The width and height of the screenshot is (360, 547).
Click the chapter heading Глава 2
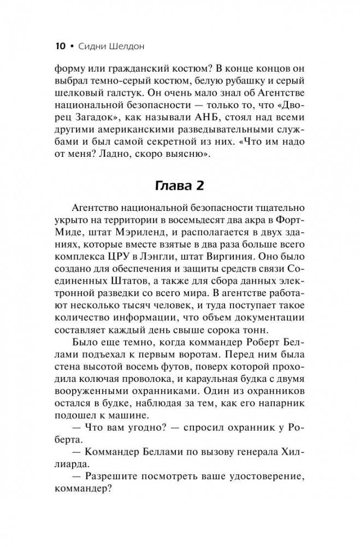click(180, 186)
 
